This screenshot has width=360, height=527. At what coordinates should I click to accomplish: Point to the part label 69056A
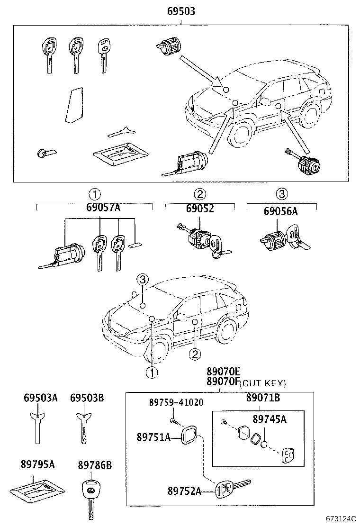(281, 211)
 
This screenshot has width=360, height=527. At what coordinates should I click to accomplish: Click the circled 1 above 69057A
(94, 194)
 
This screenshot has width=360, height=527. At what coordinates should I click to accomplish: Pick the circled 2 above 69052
(199, 194)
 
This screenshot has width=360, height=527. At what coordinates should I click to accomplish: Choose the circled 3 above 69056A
(281, 194)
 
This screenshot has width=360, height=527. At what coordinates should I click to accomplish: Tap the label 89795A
(38, 464)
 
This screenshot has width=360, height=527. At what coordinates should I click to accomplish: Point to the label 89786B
(95, 465)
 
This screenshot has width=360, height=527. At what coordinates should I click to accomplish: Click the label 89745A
(269, 419)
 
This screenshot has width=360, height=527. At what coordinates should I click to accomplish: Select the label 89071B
(262, 398)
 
